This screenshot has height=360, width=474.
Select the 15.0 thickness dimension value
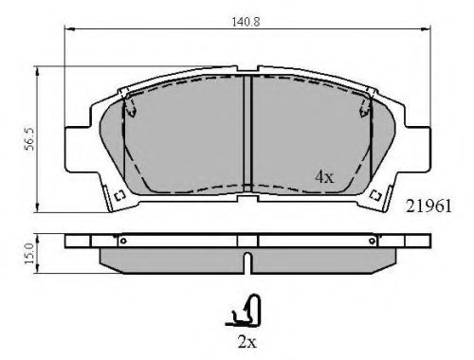tap(29, 253)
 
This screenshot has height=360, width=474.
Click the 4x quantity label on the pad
tap(325, 176)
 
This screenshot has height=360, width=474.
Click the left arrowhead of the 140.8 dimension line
tap(68, 28)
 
